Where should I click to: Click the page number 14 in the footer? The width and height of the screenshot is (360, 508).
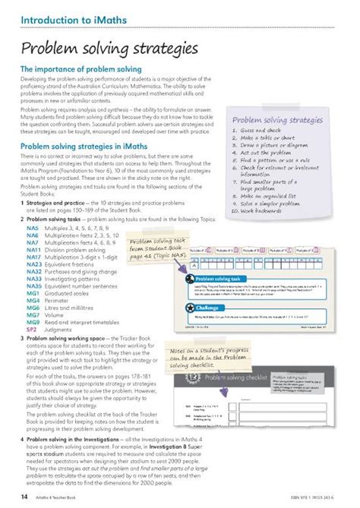click(x=15, y=497)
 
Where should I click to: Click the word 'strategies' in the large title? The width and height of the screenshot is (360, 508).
click(x=160, y=49)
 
